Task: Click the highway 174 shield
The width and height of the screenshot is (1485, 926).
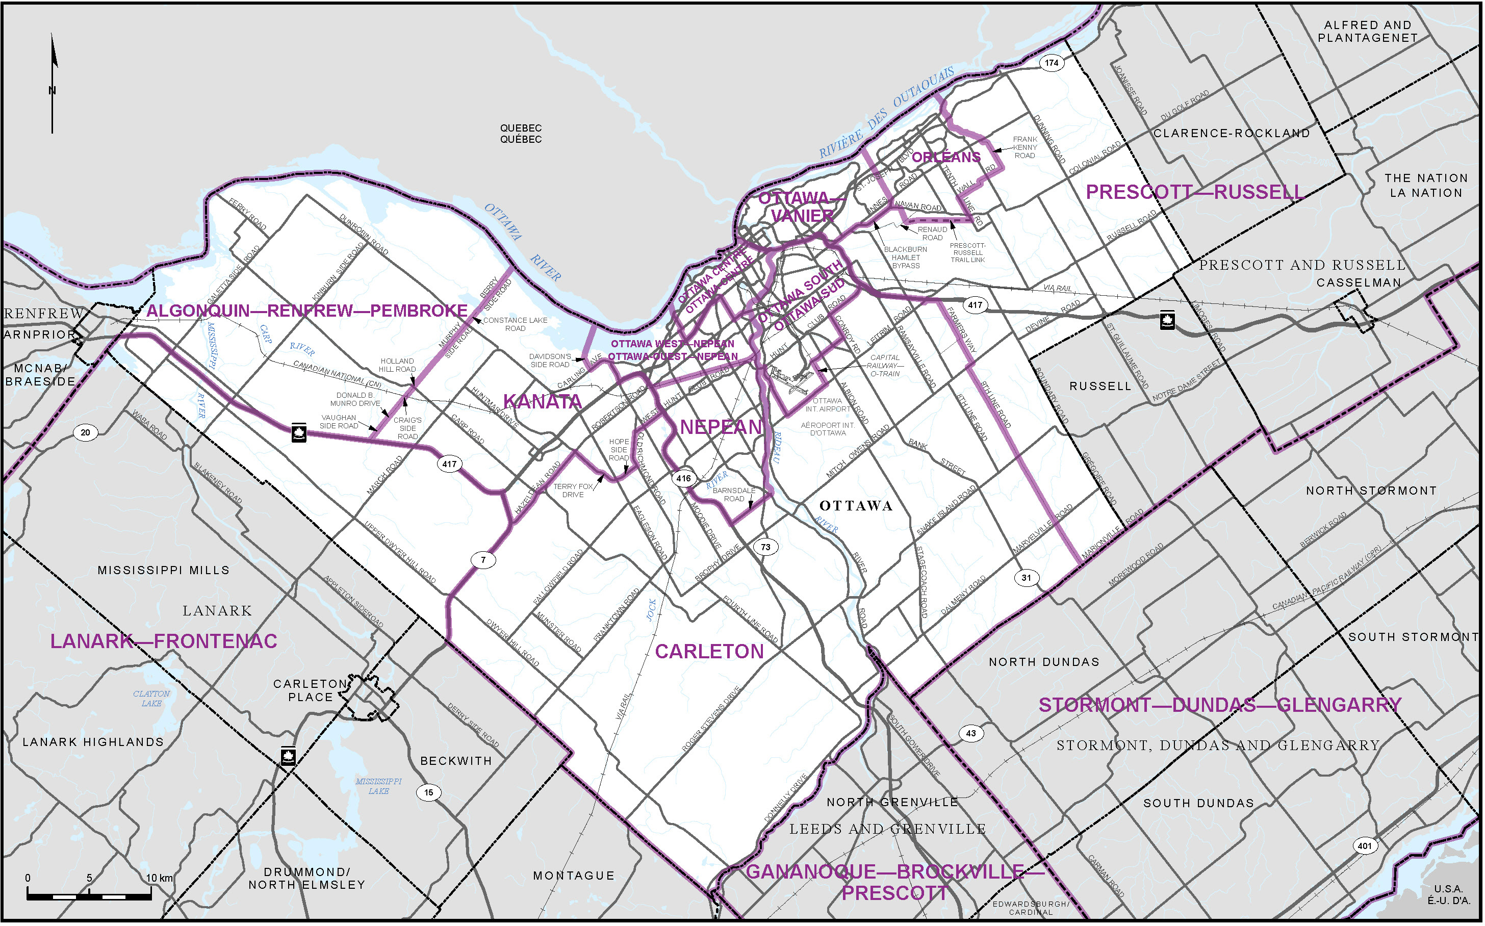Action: click(x=1052, y=63)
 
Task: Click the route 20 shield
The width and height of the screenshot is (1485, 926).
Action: click(x=85, y=432)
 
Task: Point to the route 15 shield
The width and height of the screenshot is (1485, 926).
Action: click(x=429, y=792)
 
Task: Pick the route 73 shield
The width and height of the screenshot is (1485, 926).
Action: click(x=765, y=547)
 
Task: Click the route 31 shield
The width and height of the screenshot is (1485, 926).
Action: click(x=1027, y=577)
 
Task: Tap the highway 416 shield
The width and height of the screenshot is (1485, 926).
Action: click(x=683, y=478)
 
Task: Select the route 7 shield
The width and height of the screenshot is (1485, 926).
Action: click(x=483, y=559)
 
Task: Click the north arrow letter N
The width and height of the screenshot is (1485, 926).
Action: click(x=52, y=91)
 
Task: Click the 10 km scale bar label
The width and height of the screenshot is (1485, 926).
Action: click(x=159, y=878)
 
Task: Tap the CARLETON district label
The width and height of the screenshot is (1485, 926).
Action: click(x=709, y=652)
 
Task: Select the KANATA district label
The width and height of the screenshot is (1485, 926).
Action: click(x=542, y=402)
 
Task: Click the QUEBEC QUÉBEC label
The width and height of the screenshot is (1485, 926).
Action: click(x=521, y=134)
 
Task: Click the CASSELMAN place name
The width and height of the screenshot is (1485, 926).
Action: click(x=1358, y=282)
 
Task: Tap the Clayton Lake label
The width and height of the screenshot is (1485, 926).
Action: click(x=151, y=698)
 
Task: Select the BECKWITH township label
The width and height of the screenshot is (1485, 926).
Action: click(x=455, y=761)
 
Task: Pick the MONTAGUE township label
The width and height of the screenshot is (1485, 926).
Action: click(x=573, y=875)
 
